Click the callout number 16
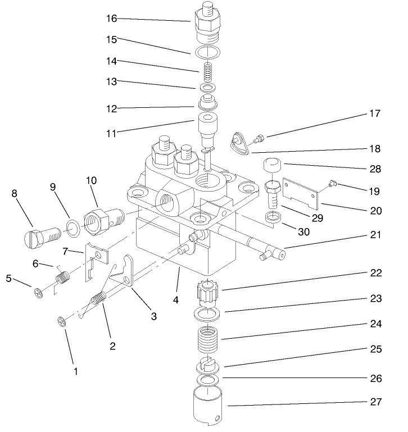click(x=112, y=19)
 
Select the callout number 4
click(x=176, y=299)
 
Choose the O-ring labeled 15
click(x=208, y=52)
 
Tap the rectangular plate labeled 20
click(x=300, y=194)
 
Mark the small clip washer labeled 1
click(x=61, y=322)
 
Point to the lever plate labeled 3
click(x=129, y=273)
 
